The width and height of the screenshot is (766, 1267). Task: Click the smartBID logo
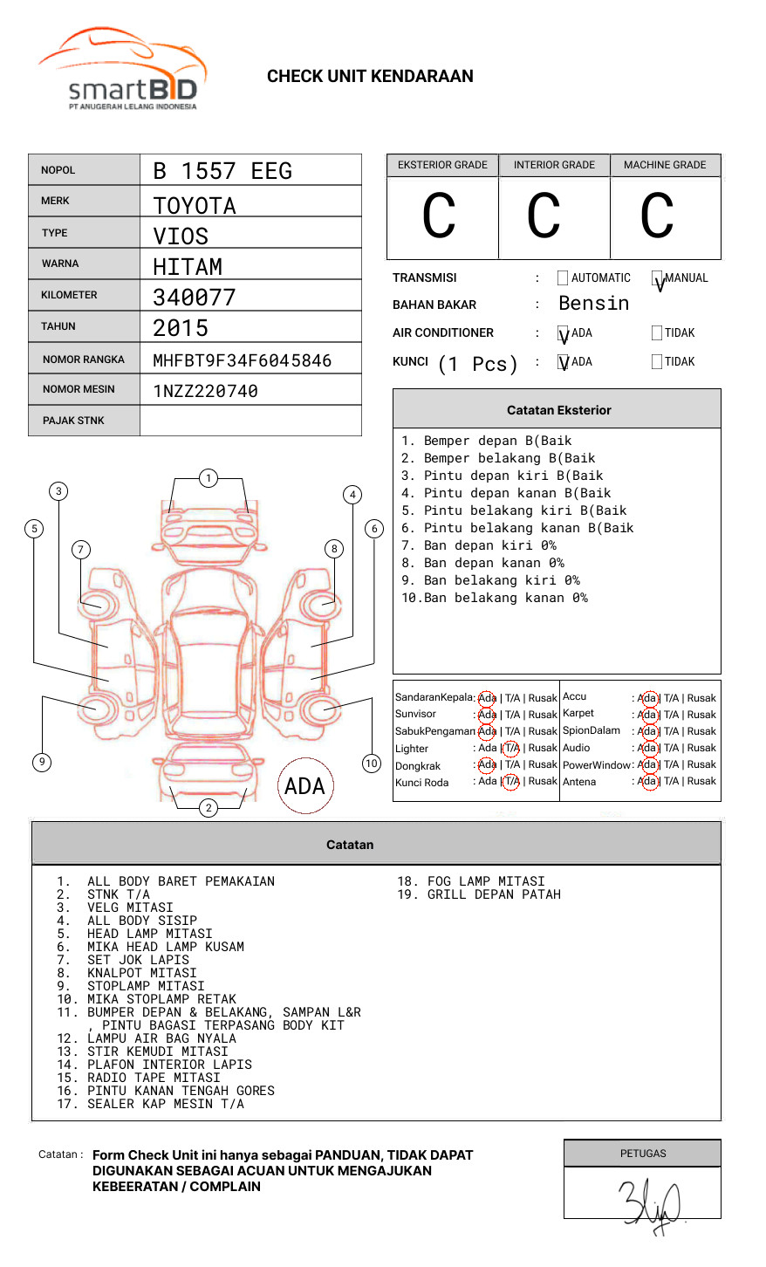[x=122, y=70]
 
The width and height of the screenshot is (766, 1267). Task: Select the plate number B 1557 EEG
[x=222, y=171]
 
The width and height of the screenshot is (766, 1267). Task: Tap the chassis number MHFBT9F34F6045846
[x=242, y=360]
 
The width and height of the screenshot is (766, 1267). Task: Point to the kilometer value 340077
[x=194, y=298]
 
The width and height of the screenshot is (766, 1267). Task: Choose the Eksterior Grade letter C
[x=439, y=217]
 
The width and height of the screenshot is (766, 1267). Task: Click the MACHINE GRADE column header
[x=665, y=165]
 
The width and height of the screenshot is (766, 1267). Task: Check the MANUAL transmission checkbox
[x=657, y=278]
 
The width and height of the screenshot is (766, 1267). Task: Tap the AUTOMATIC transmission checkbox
[x=563, y=278]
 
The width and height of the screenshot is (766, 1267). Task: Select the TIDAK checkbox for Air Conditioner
[x=657, y=333]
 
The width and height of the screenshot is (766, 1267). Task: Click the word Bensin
[x=593, y=304]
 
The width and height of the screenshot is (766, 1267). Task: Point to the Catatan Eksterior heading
[x=558, y=410]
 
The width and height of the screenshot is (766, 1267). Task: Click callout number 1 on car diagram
[x=208, y=478]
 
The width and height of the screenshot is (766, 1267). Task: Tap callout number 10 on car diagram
[x=372, y=764]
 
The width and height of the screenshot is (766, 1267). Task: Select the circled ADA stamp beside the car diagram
[x=304, y=786]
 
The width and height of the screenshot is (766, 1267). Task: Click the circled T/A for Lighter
[x=511, y=748]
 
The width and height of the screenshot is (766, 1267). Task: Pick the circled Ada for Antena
[x=647, y=781]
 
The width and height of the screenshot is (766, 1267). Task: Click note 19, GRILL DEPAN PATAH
[x=479, y=894]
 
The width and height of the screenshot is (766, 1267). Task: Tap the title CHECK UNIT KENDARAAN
[x=370, y=77]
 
